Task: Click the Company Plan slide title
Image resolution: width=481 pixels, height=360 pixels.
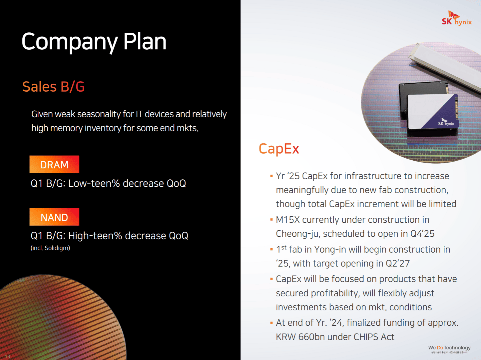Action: tap(94, 42)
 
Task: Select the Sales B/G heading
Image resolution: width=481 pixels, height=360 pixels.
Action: tap(53, 87)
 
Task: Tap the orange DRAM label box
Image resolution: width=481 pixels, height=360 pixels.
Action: tap(54, 164)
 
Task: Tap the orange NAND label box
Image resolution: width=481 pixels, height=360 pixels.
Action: tap(54, 217)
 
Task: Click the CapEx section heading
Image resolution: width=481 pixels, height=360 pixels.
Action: tap(279, 149)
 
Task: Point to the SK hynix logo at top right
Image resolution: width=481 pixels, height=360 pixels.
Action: tap(456, 19)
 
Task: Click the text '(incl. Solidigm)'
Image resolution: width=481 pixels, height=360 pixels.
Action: tap(50, 248)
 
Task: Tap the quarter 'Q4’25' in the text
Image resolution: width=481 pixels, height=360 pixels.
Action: tap(422, 234)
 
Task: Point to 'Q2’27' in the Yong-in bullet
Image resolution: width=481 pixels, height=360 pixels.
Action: tap(398, 263)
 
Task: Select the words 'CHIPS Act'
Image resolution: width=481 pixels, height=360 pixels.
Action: tap(374, 337)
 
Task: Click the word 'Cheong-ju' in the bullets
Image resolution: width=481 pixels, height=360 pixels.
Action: tap(297, 234)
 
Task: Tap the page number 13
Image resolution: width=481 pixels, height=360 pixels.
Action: tap(7, 356)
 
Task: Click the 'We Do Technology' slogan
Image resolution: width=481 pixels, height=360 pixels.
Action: tap(449, 348)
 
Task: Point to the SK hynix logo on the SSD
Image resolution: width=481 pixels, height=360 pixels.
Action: tap(446, 122)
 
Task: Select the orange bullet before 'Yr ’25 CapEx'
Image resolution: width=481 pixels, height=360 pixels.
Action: tap(271, 175)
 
